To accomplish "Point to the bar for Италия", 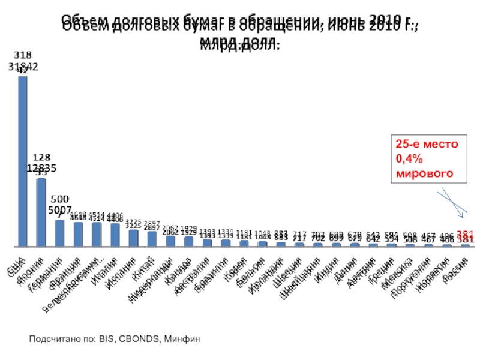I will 115,235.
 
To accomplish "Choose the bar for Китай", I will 152,238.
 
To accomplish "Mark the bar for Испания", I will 133,238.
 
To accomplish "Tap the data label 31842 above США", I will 23,68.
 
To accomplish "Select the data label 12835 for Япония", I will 41,169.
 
